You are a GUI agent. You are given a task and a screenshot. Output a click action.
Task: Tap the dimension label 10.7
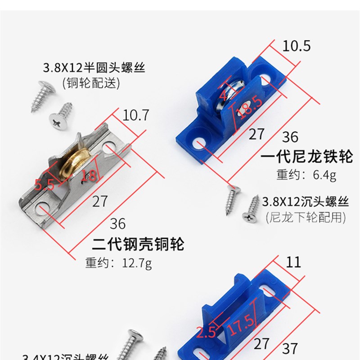135,116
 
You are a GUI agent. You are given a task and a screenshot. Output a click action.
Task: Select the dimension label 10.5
296,45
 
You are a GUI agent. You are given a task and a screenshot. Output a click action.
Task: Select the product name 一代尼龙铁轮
307,157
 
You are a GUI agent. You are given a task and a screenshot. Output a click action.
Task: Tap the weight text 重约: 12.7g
118,262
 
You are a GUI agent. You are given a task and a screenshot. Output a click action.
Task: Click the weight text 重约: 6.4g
306,175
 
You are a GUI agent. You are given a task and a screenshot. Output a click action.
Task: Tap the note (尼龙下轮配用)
306,217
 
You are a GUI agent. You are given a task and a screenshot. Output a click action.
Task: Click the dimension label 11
293,262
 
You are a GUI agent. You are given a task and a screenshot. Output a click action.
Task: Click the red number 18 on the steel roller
89,175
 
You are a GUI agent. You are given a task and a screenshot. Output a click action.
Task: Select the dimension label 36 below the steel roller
117,224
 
